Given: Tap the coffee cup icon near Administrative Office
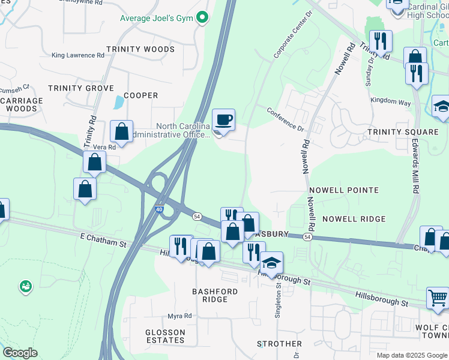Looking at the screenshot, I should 224,119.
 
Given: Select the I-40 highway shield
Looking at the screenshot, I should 158,209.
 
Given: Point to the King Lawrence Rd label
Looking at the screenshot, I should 78,55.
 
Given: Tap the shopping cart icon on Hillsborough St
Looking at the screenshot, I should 437,298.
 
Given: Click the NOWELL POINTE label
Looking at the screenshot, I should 343,190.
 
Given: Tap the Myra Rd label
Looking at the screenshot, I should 179,316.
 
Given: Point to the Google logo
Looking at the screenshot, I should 20,352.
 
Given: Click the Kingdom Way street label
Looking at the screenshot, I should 390,102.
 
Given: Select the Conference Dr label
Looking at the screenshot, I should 286,119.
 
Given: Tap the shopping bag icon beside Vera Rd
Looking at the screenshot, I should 121,132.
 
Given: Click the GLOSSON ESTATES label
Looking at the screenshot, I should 165,336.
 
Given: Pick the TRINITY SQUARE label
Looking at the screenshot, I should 403,132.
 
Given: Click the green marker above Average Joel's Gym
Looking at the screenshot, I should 202,17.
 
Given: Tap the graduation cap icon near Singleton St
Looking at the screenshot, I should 271,263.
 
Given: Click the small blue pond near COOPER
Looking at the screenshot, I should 118,103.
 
